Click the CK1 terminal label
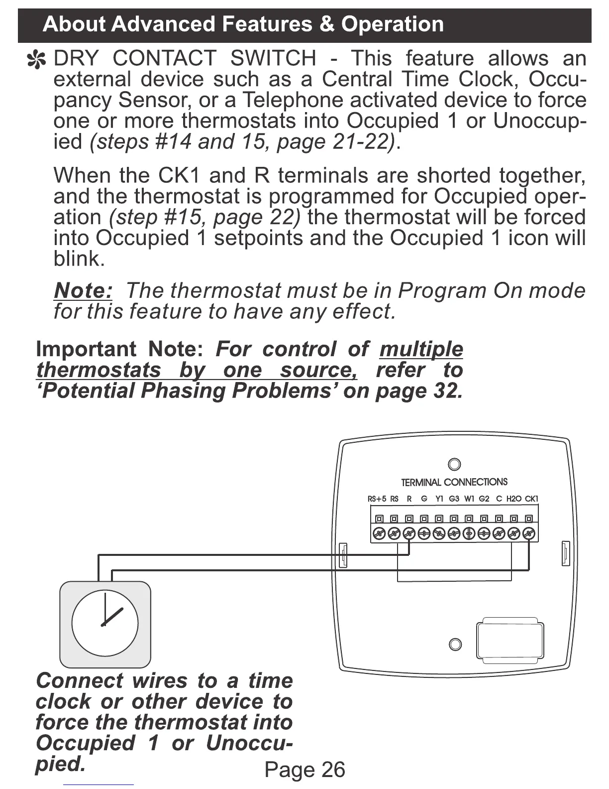531,499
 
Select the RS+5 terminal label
377,499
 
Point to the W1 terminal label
469,499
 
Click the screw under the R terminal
409,533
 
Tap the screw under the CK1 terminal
529,533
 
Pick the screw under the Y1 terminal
439,533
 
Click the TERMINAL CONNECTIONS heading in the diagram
454,482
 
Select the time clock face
105,623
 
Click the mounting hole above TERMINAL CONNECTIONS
454,464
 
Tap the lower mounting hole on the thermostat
455,644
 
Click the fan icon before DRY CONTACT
36,60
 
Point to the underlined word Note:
83,290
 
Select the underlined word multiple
421,349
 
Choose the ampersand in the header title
327,24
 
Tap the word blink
79,259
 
